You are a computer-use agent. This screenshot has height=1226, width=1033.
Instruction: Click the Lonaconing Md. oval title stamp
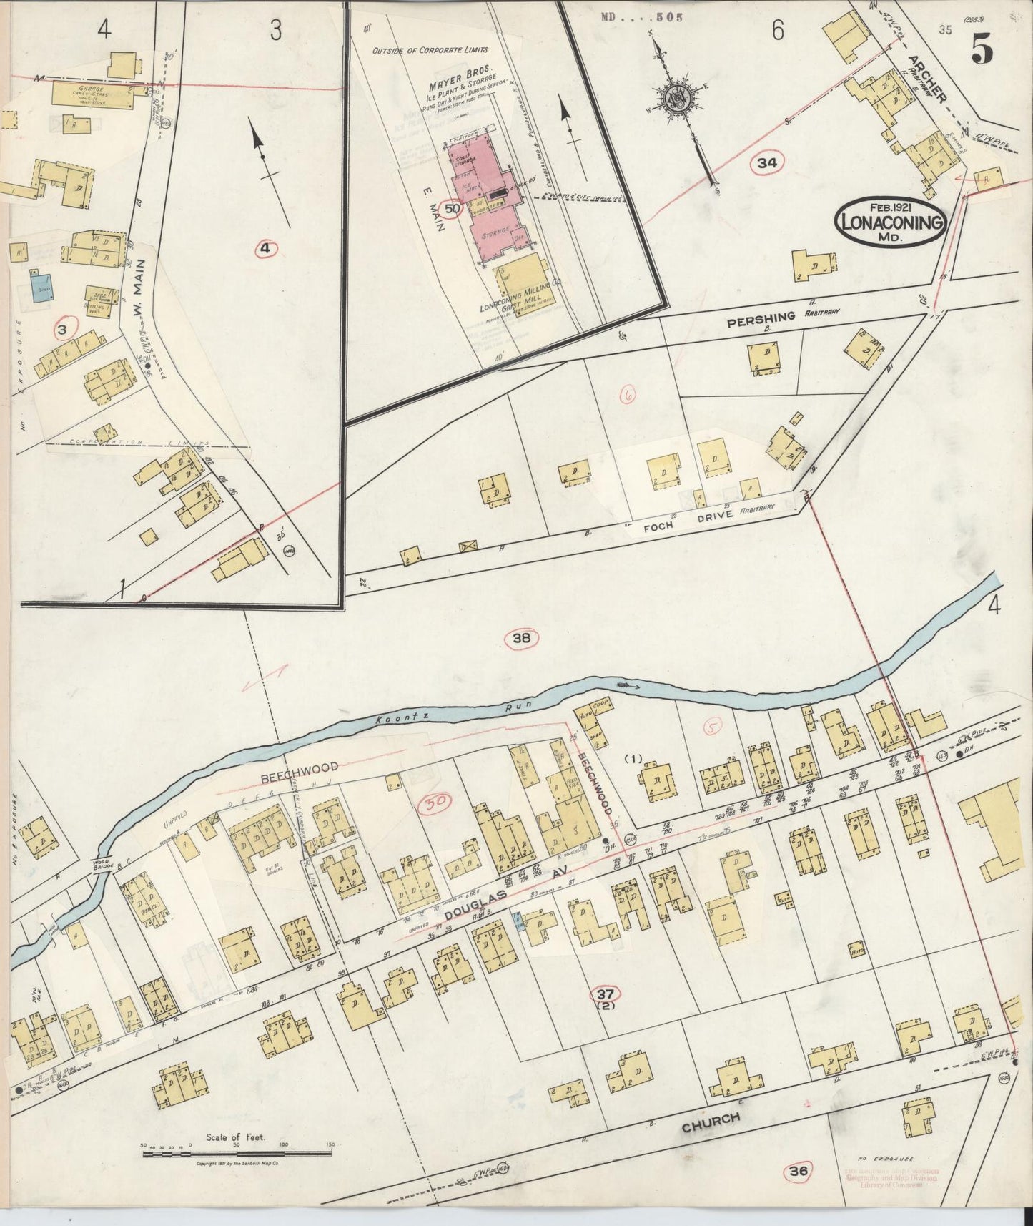click(890, 222)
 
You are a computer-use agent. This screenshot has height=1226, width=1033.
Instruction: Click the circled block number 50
click(452, 210)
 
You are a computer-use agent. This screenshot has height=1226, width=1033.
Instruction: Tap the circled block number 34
click(767, 163)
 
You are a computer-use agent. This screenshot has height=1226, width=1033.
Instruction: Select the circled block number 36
click(799, 1172)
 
